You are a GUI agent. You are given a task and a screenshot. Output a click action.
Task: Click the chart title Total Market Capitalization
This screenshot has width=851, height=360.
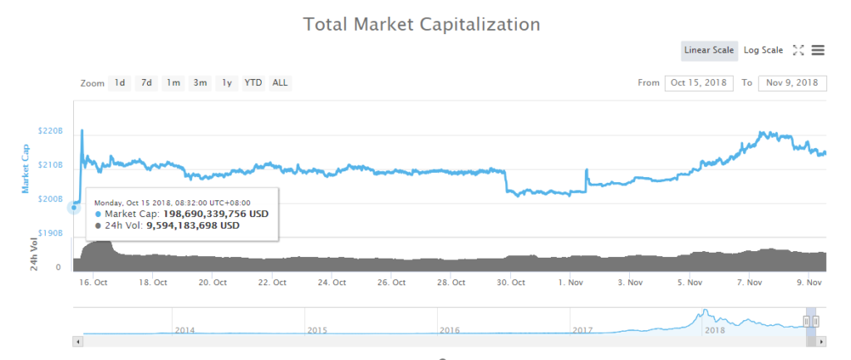[421, 23]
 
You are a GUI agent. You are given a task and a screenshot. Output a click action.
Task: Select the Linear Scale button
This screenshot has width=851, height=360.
[708, 50]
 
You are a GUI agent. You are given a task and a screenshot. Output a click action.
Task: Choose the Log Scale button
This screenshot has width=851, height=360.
[763, 50]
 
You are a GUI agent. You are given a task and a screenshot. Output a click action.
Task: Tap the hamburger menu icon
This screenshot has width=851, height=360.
[818, 50]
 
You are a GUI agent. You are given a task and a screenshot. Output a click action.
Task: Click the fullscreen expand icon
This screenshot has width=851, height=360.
[798, 50]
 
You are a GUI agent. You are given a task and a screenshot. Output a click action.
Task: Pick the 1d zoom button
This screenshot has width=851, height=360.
[121, 82]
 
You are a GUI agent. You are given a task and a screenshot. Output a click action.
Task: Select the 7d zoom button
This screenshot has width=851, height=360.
[146, 82]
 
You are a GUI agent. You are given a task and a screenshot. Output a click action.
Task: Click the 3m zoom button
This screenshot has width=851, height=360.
[200, 82]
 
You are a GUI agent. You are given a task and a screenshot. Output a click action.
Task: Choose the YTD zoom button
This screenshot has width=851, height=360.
[253, 82]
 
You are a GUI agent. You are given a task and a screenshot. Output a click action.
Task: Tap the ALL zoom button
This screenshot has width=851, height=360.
[280, 82]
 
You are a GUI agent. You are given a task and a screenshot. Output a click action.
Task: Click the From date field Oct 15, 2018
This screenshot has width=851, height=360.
[699, 82]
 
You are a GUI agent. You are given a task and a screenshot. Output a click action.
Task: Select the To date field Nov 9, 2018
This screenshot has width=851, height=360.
[792, 82]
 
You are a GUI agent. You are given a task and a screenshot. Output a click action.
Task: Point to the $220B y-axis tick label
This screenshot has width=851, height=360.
[51, 131]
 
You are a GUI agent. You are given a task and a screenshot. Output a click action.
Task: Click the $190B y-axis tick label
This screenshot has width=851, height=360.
[51, 233]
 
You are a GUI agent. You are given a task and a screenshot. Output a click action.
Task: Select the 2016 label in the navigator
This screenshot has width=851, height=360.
[450, 330]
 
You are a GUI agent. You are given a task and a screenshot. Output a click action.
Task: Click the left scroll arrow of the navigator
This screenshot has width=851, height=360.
[79, 341]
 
